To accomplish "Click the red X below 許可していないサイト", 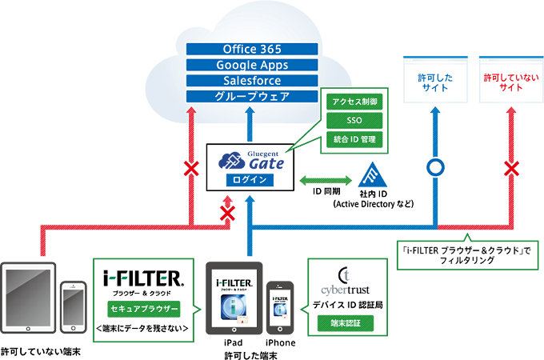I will click(510, 168).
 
